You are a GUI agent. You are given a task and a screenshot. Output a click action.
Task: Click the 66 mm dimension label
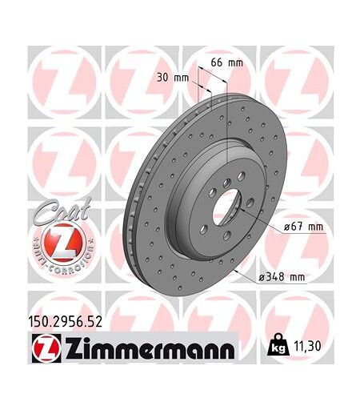227,62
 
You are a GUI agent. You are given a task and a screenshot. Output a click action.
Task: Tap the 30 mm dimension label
173,78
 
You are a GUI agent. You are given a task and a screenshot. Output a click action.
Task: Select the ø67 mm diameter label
303,227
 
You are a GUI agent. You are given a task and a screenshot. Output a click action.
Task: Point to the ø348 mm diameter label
282,277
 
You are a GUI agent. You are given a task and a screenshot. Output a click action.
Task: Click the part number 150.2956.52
65,322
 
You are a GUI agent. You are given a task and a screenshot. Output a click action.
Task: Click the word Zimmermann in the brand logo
150,348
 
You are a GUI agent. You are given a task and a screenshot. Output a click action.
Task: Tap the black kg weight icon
278,344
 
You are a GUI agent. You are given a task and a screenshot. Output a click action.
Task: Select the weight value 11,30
307,346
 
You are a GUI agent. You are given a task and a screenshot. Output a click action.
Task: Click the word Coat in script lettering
62,211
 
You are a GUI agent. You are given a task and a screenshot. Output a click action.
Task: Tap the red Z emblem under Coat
63,243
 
